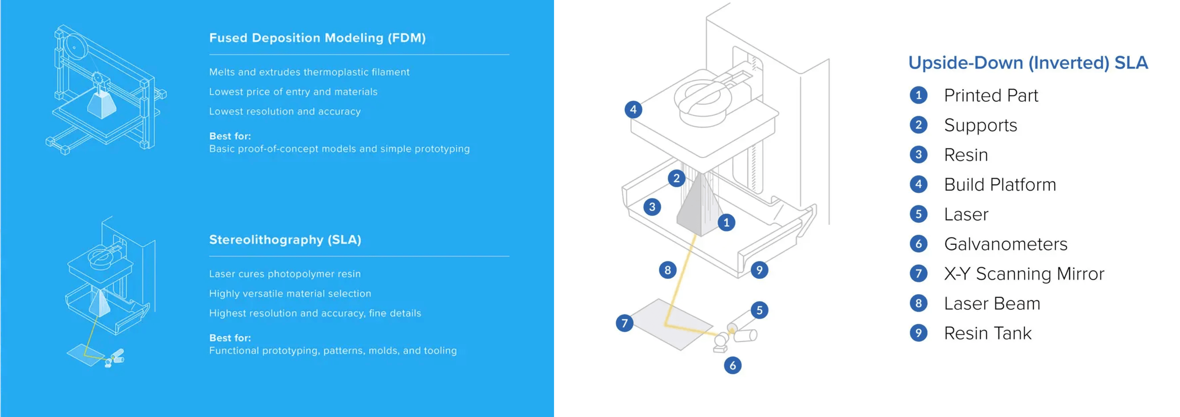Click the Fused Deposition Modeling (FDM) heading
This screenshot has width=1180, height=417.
click(x=317, y=38)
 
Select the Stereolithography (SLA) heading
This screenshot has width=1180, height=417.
click(x=285, y=239)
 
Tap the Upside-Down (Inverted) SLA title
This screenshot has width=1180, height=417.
click(x=1028, y=63)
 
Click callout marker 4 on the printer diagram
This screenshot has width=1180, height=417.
click(x=633, y=110)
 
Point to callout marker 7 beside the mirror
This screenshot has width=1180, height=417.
click(x=624, y=323)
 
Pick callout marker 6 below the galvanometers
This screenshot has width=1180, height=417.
click(x=733, y=365)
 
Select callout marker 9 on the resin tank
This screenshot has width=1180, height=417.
click(x=759, y=270)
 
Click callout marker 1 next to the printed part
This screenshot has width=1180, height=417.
click(x=726, y=223)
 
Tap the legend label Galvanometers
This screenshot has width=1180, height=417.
click(x=1006, y=244)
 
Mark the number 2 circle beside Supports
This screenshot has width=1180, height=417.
click(x=918, y=125)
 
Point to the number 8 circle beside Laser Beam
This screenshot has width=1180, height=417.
click(x=918, y=303)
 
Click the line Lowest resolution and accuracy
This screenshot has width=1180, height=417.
click(x=284, y=111)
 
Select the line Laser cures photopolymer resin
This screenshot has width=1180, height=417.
click(x=284, y=274)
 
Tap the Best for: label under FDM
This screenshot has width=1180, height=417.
click(x=230, y=136)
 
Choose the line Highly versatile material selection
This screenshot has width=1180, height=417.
click(x=290, y=294)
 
